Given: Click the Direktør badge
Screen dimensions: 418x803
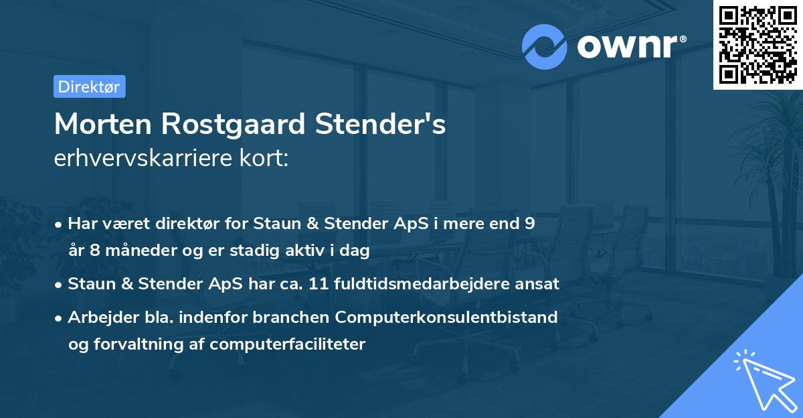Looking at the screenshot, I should tap(89, 86).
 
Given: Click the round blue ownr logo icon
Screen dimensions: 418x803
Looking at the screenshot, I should tap(544, 46).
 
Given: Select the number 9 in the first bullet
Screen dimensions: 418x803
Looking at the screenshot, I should tap(529, 224).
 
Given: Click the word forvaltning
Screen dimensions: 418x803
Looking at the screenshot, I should tap(139, 344).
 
